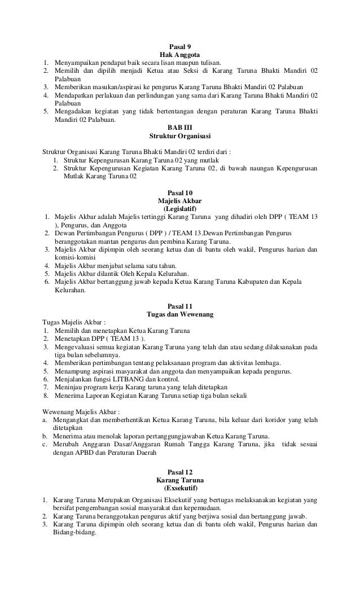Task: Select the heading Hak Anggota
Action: pyautogui.click(x=180, y=55)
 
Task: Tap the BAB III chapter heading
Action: pyautogui.click(x=180, y=128)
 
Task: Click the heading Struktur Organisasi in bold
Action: pyautogui.click(x=180, y=136)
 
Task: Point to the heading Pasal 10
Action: pyautogui.click(x=180, y=192)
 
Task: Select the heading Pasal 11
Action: pyautogui.click(x=180, y=306)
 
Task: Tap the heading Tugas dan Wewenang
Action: pyautogui.click(x=180, y=314)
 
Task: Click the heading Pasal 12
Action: pyautogui.click(x=180, y=471)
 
